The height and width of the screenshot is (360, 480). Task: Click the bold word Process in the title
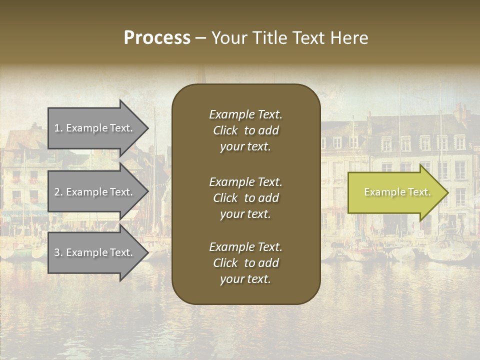pos(157,38)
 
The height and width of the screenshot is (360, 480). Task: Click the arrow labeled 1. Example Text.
pos(95,128)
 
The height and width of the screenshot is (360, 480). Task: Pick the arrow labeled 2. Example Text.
pos(95,192)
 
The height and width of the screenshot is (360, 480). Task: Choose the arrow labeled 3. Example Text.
pos(95,252)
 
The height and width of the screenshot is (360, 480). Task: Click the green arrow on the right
pos(395,192)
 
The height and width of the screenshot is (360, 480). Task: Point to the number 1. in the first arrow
pos(58,128)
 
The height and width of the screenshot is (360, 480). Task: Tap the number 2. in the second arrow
pos(58,192)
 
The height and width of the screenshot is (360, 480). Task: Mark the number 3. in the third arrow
pos(58,252)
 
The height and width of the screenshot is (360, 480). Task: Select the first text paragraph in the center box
pos(245,130)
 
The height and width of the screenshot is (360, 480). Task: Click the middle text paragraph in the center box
pos(245,198)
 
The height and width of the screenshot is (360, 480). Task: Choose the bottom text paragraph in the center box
pos(245,263)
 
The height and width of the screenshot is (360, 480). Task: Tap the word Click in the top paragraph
pos(225,130)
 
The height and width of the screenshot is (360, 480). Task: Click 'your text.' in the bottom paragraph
pos(245,279)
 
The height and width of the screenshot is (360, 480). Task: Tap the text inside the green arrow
pos(397,192)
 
